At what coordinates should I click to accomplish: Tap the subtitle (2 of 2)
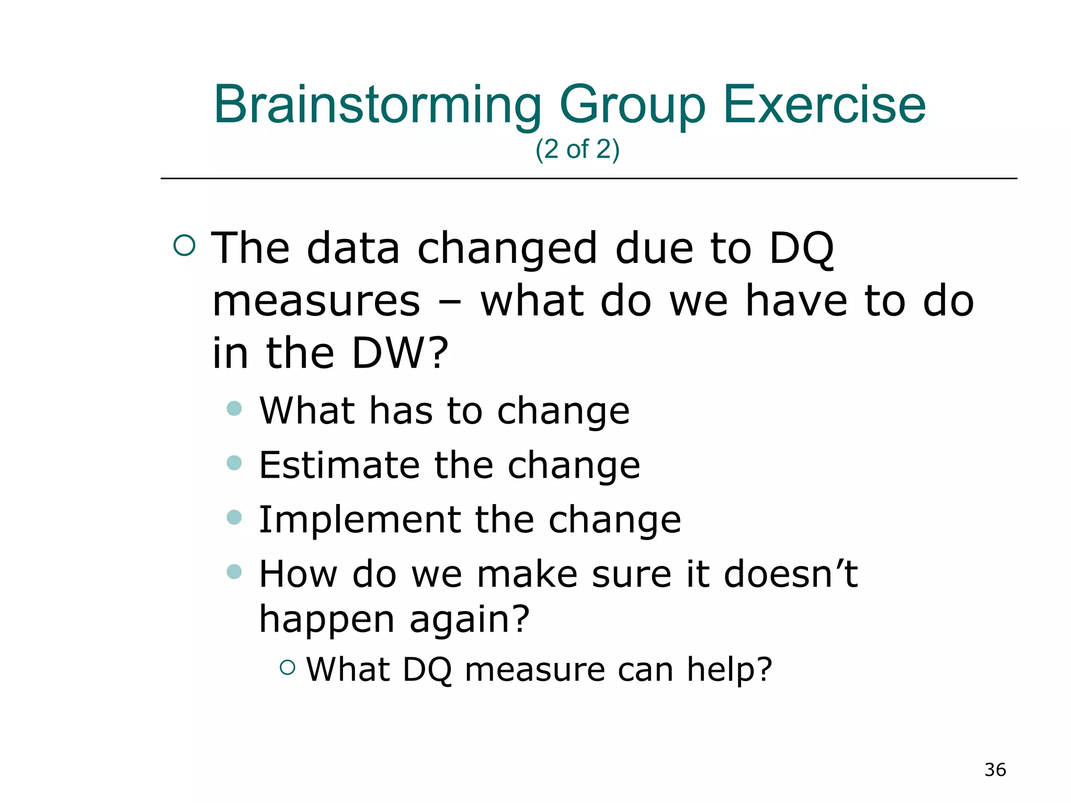click(x=577, y=150)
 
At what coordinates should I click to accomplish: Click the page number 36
click(x=995, y=770)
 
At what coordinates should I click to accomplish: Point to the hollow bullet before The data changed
click(x=184, y=245)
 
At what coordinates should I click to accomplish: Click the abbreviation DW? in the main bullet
click(x=400, y=353)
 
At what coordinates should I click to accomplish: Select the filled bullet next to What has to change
click(x=234, y=408)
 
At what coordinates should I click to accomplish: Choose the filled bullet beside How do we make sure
click(x=234, y=571)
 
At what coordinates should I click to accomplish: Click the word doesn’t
click(x=791, y=575)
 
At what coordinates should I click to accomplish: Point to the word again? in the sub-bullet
click(x=469, y=620)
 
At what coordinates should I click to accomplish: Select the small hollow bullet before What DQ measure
click(x=288, y=667)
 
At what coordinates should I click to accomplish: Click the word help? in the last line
click(x=729, y=670)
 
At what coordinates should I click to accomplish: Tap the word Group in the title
click(x=633, y=106)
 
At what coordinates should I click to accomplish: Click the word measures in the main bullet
click(x=316, y=302)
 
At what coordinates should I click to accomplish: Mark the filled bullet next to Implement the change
click(x=234, y=517)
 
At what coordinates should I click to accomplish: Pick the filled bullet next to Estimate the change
click(x=234, y=463)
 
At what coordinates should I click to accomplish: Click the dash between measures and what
click(x=450, y=302)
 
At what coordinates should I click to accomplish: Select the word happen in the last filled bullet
click(x=327, y=620)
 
